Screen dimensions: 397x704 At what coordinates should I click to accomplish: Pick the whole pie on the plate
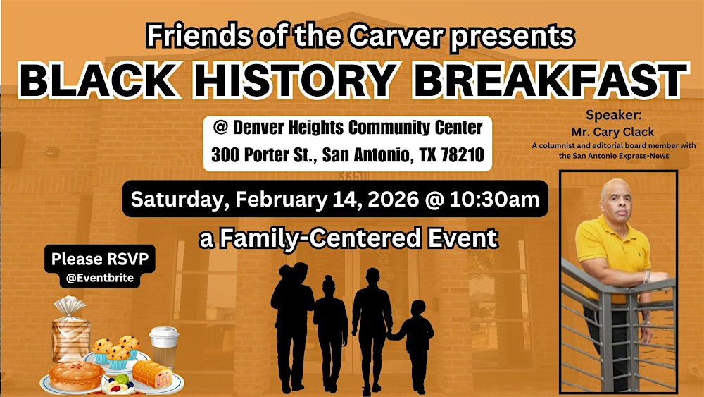point(75,375)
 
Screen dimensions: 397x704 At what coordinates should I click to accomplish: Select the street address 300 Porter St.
point(261,155)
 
